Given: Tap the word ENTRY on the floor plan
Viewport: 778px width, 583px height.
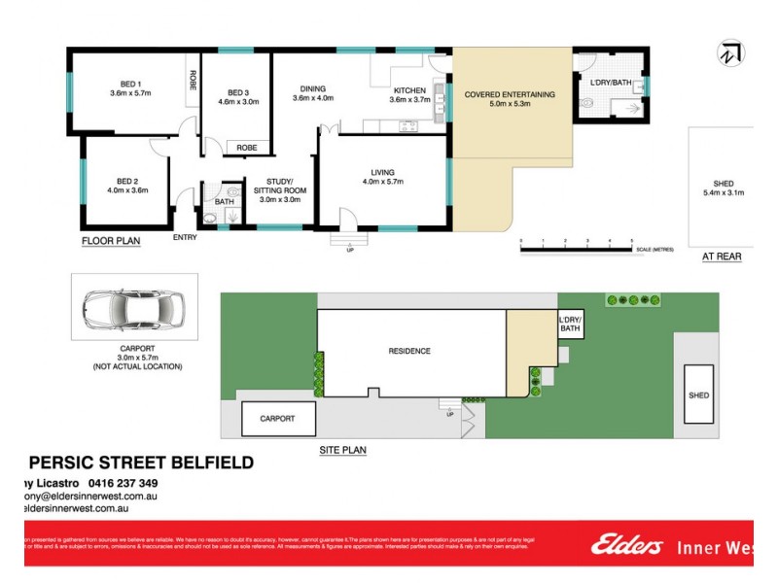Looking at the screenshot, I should [185, 237].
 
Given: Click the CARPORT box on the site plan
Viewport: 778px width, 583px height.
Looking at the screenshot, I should [278, 419].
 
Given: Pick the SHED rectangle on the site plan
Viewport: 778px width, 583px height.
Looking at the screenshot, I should [697, 394].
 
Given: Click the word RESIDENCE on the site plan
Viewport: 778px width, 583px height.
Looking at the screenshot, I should [409, 351].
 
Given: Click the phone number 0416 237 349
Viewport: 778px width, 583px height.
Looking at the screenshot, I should [122, 483].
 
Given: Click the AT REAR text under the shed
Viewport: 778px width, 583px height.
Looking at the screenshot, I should [722, 257].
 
